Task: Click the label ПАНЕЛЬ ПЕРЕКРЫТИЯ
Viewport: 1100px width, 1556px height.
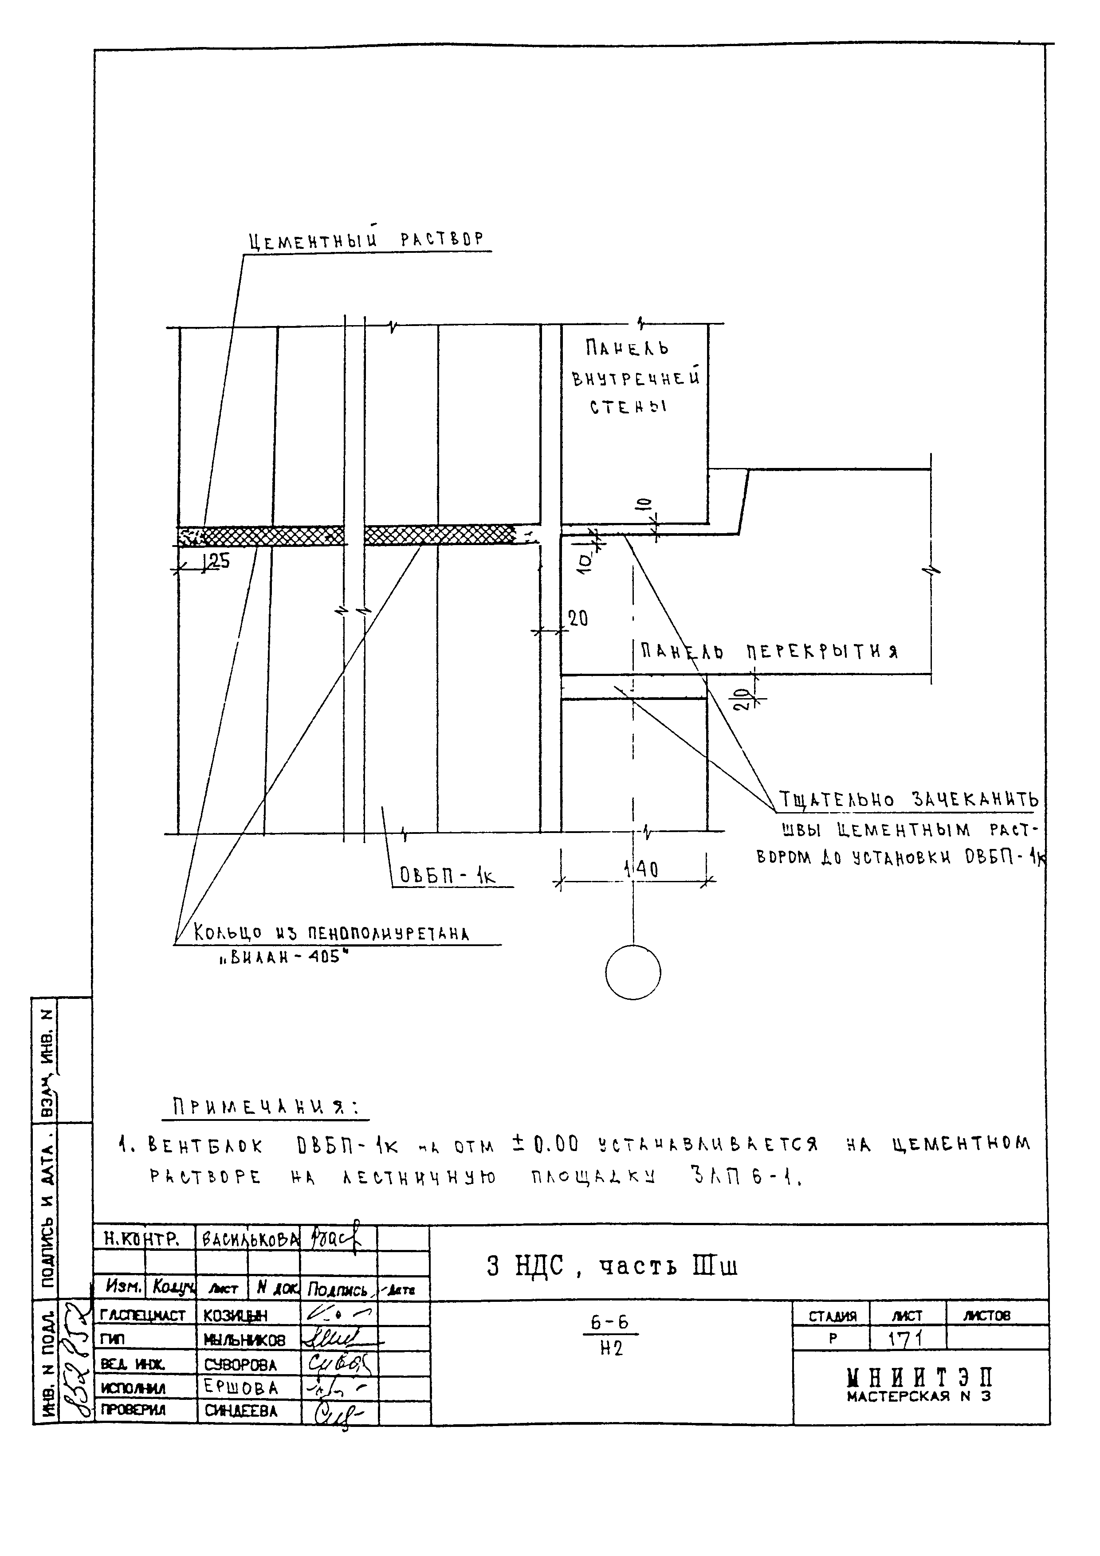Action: (769, 652)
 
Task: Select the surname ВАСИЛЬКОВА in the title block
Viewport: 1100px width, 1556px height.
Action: (247, 1239)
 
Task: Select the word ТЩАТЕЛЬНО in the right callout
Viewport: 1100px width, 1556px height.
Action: (837, 800)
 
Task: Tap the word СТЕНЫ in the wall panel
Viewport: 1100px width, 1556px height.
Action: (628, 407)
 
